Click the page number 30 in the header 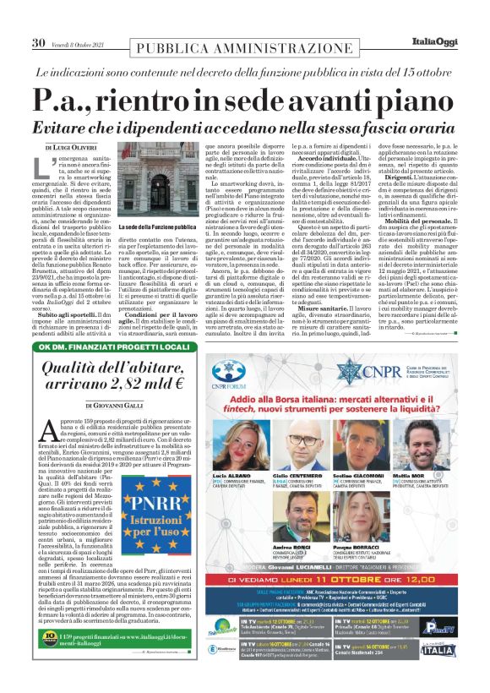click(39, 43)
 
